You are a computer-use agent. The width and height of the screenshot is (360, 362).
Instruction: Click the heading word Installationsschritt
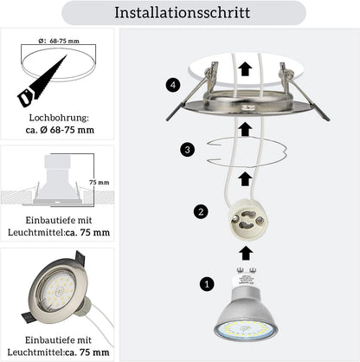point(183,13)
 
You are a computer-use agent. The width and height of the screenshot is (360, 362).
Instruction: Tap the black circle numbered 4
point(173,86)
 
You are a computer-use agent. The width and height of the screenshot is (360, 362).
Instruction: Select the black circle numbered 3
point(187,150)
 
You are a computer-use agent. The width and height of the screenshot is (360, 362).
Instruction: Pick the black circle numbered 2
point(201,211)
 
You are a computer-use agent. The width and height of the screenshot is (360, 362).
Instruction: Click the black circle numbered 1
point(207,284)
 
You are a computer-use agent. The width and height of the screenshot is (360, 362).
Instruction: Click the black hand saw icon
point(42,81)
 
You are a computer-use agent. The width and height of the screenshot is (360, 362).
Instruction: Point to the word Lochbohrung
point(58,118)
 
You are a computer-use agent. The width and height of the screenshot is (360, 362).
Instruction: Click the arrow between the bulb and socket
point(246,253)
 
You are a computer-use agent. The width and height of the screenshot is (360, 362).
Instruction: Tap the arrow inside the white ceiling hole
point(246,69)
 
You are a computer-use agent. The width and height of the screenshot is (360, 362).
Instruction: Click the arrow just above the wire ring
point(246,129)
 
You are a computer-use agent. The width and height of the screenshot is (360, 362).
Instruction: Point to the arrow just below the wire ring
point(245,179)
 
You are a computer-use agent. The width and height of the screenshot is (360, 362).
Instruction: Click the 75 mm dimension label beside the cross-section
point(100,183)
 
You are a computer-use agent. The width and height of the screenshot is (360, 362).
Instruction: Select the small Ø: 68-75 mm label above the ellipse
point(59,41)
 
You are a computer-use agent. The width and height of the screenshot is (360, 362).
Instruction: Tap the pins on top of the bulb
point(246,270)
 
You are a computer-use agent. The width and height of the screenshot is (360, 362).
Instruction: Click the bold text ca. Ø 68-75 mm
point(60,130)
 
